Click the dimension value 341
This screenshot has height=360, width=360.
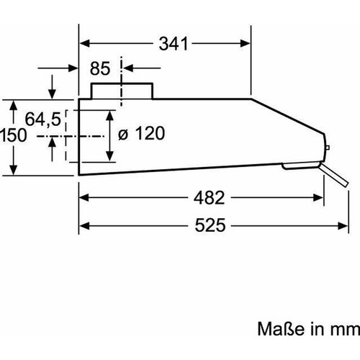[x=174, y=44]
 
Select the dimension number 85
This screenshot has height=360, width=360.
[x=100, y=68]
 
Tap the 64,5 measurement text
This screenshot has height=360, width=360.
[x=43, y=119]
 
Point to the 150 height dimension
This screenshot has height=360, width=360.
[x=13, y=135]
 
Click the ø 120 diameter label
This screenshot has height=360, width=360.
[x=142, y=133]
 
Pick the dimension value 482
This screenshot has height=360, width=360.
[x=210, y=198]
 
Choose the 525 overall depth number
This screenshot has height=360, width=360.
[x=210, y=225]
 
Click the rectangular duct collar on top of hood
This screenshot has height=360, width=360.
[x=122, y=91]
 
